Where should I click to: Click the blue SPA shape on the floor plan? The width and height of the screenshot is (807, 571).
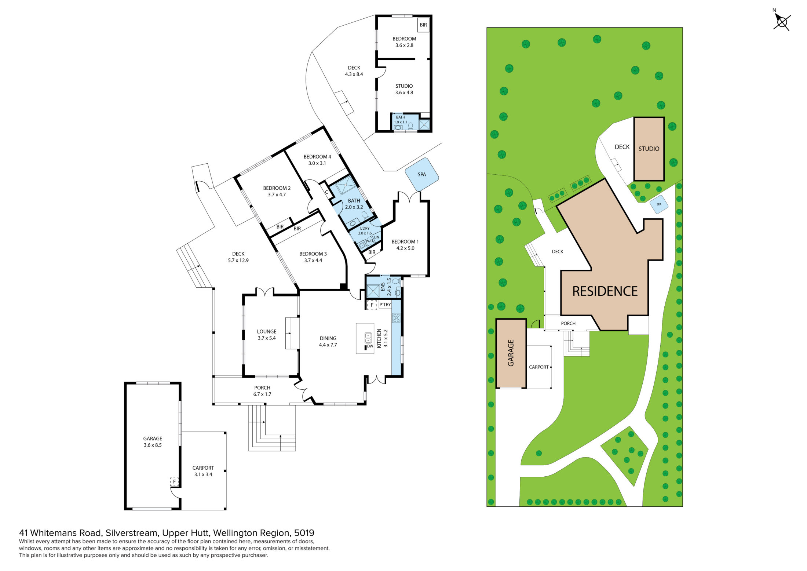pyautogui.click(x=422, y=175)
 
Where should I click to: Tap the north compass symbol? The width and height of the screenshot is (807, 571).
pyautogui.click(x=782, y=22)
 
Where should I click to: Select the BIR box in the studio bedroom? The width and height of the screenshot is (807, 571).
pyautogui.click(x=423, y=25)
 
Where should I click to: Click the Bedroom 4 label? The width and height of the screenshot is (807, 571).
pyautogui.click(x=317, y=157)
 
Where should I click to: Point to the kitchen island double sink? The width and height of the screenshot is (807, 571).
pyautogui.click(x=368, y=337)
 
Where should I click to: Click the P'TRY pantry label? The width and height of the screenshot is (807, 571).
pyautogui.click(x=385, y=305)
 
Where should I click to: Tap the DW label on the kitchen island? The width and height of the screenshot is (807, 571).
pyautogui.click(x=370, y=346)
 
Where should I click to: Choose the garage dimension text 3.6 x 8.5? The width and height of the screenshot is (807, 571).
pyautogui.click(x=153, y=445)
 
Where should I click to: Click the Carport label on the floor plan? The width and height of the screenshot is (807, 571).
pyautogui.click(x=203, y=468)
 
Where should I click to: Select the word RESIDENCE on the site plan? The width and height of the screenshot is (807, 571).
pyautogui.click(x=605, y=291)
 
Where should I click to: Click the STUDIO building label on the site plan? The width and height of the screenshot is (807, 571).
pyautogui.click(x=649, y=149)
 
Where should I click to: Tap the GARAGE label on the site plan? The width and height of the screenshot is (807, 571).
pyautogui.click(x=511, y=353)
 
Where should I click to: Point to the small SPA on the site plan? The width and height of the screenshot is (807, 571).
pyautogui.click(x=659, y=204)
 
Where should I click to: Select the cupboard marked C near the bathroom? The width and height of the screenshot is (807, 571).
pyautogui.click(x=327, y=192)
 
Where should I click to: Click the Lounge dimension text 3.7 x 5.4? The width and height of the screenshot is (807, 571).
pyautogui.click(x=267, y=338)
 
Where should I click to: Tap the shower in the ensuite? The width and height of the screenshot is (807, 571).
pyautogui.click(x=373, y=291)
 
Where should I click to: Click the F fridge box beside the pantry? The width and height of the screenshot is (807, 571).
pyautogui.click(x=372, y=305)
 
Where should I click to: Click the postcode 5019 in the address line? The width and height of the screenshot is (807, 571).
pyautogui.click(x=304, y=533)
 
